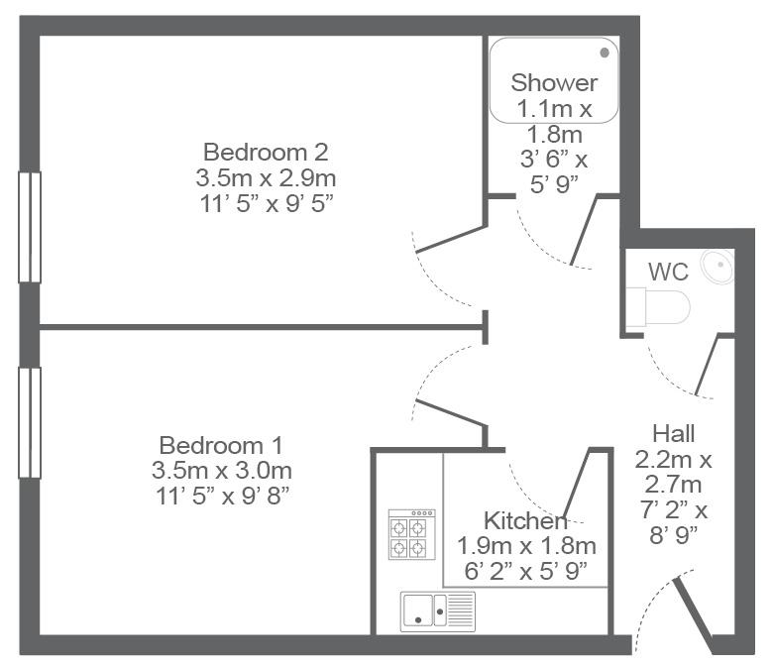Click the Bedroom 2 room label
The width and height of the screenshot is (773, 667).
point(266,152)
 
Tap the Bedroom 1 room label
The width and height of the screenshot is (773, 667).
point(221,446)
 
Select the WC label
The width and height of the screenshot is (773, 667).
point(668,272)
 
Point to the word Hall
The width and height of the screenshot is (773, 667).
point(674,434)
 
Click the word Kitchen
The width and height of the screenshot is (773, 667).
point(525,520)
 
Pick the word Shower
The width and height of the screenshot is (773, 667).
point(554,83)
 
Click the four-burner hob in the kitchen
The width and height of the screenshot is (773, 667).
point(411,534)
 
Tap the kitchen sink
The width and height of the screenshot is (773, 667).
point(438,611)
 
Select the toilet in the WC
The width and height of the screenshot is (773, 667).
point(659,307)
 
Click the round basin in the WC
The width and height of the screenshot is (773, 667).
point(718,267)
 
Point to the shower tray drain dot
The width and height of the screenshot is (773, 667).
point(605,54)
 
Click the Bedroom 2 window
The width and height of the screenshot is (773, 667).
point(30,227)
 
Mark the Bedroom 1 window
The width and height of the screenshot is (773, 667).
point(30,423)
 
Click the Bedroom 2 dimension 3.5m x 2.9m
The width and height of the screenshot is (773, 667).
point(266,178)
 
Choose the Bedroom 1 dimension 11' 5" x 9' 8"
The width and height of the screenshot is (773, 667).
point(222,496)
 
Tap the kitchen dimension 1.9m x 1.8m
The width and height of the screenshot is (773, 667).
point(526,546)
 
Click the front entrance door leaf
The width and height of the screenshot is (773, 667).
point(693,615)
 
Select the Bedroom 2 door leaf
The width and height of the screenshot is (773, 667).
point(452,239)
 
